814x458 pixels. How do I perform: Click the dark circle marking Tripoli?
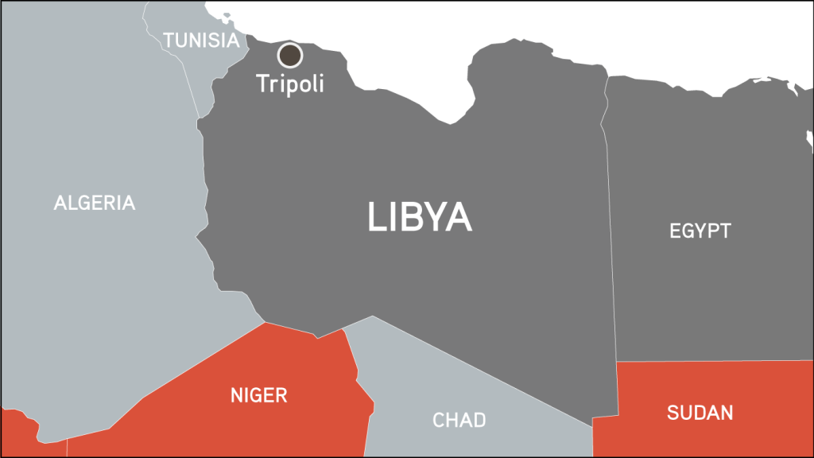(x=290, y=55)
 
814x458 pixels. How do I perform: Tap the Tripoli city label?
(x=290, y=82)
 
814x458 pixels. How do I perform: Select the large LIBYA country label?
(x=419, y=217)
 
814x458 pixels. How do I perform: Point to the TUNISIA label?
(x=200, y=41)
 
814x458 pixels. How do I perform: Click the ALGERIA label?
(x=95, y=203)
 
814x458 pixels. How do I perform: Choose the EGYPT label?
(x=700, y=231)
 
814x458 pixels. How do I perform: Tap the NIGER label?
(x=258, y=395)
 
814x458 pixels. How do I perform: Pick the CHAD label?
(x=459, y=420)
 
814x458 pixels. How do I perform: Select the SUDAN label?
(x=700, y=413)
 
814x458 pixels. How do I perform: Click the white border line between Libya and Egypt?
(x=610, y=239)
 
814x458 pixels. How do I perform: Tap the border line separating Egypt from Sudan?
(x=715, y=361)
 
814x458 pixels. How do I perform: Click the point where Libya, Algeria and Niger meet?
(x=265, y=323)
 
